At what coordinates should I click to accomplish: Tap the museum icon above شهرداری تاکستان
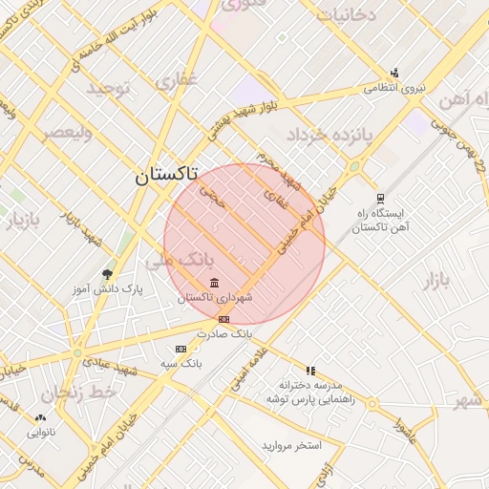pos(213,284)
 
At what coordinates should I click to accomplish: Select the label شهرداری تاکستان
pos(215,298)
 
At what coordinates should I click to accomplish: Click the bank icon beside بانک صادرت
pos(223,319)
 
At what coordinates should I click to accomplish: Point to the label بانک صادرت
pos(223,333)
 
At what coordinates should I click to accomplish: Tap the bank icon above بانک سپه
pos(181,350)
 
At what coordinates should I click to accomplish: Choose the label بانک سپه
pos(181,364)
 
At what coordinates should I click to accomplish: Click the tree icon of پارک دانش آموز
pos(106,274)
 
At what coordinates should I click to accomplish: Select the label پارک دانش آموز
pos(107,287)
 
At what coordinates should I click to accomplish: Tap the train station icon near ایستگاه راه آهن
pos(380,198)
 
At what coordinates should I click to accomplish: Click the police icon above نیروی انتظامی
pos(394,74)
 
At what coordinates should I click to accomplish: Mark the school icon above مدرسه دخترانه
pos(310,371)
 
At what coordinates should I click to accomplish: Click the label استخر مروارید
pos(294,446)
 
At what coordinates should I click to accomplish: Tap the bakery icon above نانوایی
pos(40,418)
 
